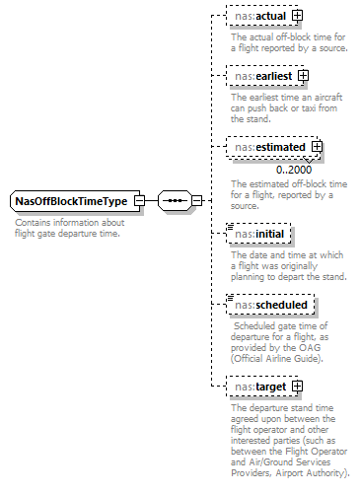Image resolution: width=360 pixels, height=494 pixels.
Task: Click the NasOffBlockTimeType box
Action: [70, 201]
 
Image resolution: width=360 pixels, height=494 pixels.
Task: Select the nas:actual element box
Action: [258, 16]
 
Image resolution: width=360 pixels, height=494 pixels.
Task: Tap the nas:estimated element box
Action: [269, 147]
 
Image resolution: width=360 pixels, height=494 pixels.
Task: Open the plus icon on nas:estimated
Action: [317, 147]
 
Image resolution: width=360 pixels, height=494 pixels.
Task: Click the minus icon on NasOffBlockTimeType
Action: [139, 201]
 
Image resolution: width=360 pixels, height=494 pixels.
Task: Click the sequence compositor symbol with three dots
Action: [174, 201]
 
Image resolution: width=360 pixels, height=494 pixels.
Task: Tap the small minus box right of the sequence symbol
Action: [196, 201]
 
